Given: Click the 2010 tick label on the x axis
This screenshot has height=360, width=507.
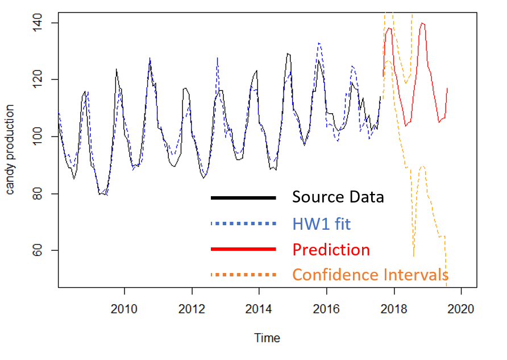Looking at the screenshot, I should [124, 308].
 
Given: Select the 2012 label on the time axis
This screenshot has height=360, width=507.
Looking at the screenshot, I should [192, 308].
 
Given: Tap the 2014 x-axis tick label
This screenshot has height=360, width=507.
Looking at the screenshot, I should [259, 308].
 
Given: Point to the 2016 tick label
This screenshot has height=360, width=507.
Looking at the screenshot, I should [327, 308].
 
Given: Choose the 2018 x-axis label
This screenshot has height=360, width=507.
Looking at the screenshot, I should [394, 308].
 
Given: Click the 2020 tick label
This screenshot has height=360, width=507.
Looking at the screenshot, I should [461, 308].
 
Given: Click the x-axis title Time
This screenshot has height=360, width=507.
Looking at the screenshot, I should [267, 338].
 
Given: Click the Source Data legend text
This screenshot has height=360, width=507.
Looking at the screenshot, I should [338, 197].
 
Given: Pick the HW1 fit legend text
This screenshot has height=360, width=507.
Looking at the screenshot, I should [322, 224].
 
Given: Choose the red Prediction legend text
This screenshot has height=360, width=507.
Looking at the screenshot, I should [331, 250].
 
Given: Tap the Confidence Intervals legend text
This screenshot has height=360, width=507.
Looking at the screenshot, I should [370, 275].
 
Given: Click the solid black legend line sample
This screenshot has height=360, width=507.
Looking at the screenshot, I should [243, 198].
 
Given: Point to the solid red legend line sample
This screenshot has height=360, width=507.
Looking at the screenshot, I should [243, 250].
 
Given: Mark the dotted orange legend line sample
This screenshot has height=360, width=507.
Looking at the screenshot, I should [243, 275].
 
